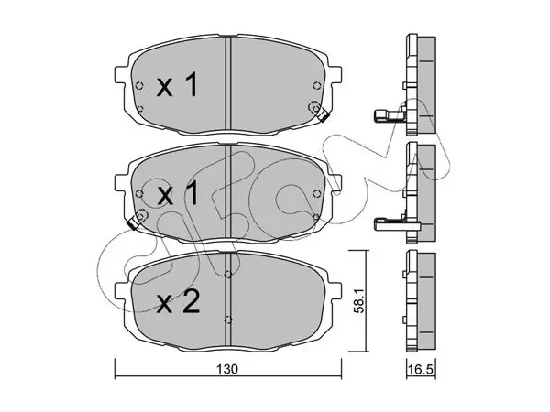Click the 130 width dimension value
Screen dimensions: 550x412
[x=227, y=369]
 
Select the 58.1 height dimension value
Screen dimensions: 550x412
[x=361, y=301]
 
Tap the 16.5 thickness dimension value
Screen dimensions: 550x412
[x=421, y=369]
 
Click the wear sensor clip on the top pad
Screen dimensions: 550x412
[x=323, y=115]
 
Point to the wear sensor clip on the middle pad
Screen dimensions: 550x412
[x=132, y=223]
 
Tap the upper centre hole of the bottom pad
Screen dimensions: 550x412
[x=228, y=275]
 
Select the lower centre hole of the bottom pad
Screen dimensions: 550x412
[x=228, y=320]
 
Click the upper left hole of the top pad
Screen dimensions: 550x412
[x=139, y=85]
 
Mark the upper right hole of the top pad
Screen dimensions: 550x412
[x=317, y=85]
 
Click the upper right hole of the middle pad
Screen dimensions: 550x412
[x=317, y=193]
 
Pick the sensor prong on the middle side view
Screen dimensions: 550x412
[x=396, y=224]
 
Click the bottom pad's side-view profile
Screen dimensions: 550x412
[x=421, y=301]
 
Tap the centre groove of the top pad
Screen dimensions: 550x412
[x=228, y=85]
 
